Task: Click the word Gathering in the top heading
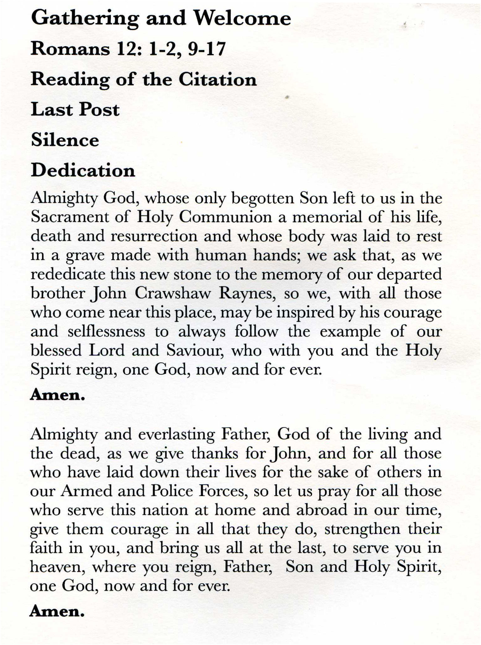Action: pos(85,19)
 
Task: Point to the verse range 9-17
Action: pos(207,49)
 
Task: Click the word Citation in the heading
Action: pos(217,80)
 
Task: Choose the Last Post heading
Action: pos(75,110)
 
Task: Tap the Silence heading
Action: pos(65,140)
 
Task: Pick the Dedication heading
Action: pos(83,171)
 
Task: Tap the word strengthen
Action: pos(363,530)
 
